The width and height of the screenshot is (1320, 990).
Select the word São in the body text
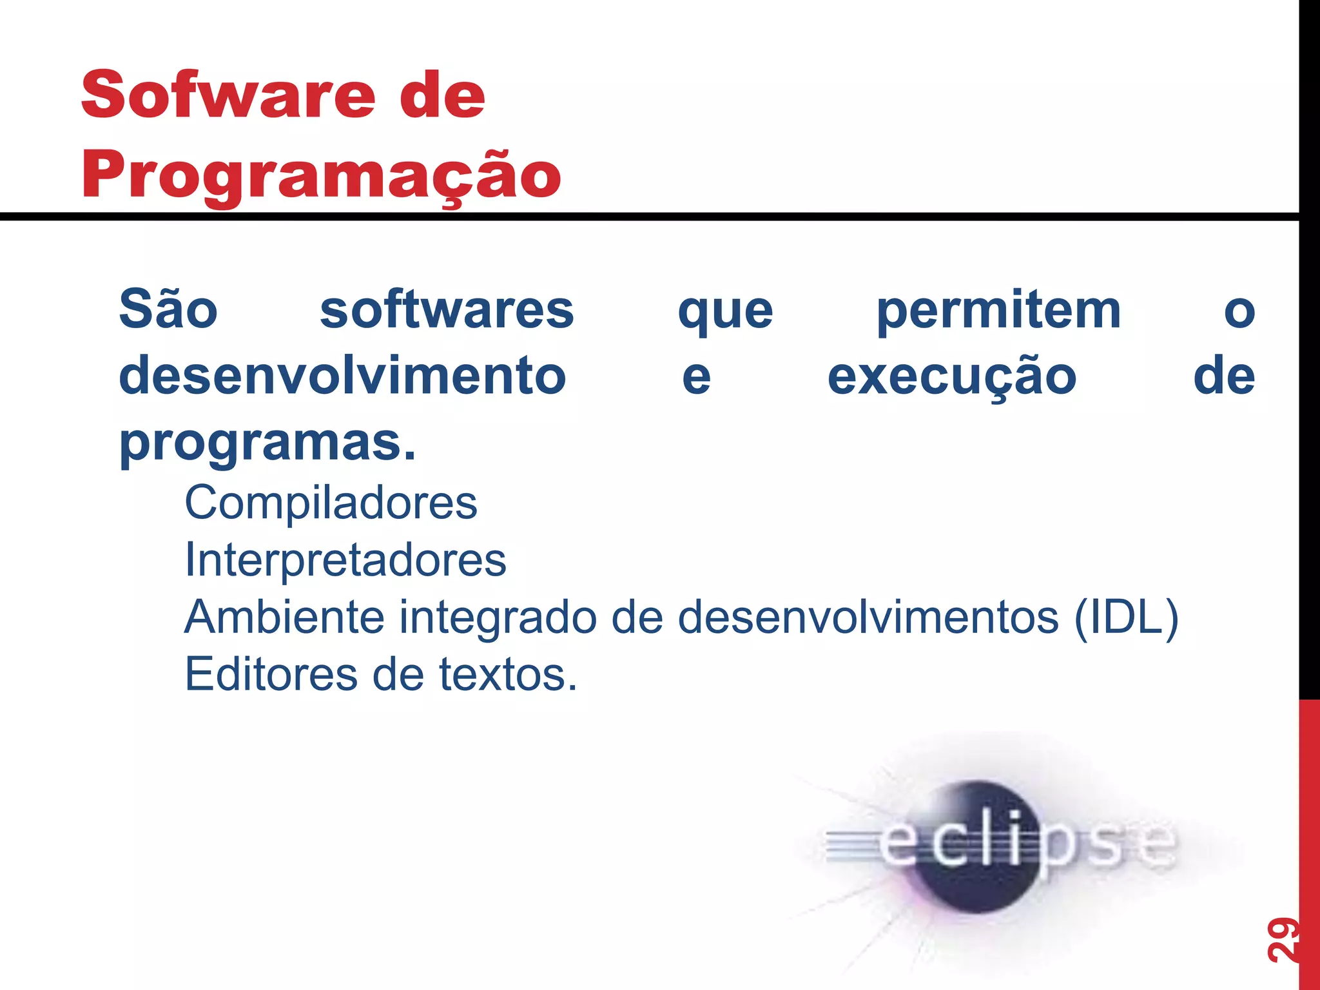[168, 310]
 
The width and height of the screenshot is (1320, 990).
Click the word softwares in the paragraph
[447, 310]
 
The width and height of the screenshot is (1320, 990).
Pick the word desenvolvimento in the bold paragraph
[343, 376]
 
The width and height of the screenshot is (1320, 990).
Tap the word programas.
[267, 443]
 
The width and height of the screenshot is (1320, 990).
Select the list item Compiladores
[331, 503]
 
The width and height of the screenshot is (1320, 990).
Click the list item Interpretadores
[345, 559]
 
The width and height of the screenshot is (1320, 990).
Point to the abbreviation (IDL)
[1126, 617]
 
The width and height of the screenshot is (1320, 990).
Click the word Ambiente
[284, 617]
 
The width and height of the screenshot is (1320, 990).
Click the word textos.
[507, 675]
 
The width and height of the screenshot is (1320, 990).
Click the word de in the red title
[442, 95]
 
